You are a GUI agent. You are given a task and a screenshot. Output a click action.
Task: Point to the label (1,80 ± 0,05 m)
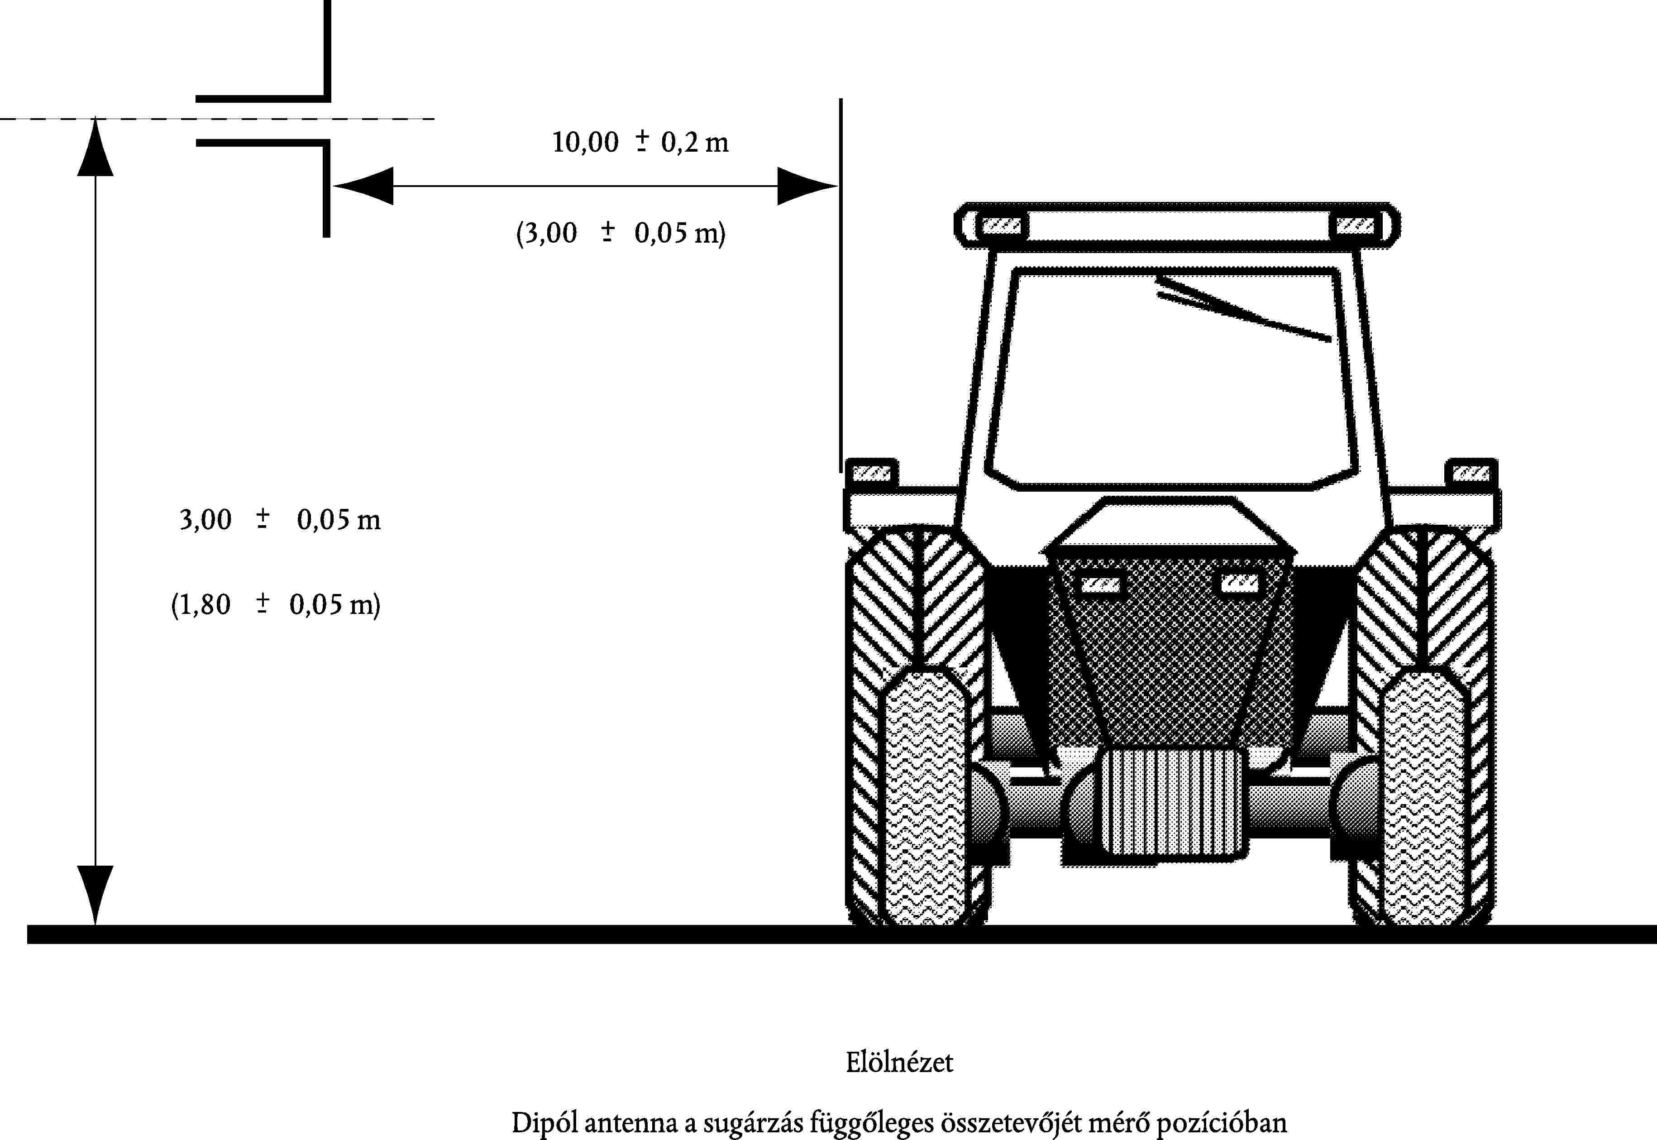coord(275,604)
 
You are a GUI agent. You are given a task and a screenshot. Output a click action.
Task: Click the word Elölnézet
coord(899,1062)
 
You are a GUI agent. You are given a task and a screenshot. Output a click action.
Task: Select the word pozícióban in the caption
coord(1221,1123)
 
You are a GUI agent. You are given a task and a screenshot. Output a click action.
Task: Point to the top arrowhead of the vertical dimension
coord(95,148)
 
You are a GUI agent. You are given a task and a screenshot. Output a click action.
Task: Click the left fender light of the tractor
coord(872,473)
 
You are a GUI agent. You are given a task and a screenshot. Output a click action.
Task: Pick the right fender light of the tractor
coord(1471,473)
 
